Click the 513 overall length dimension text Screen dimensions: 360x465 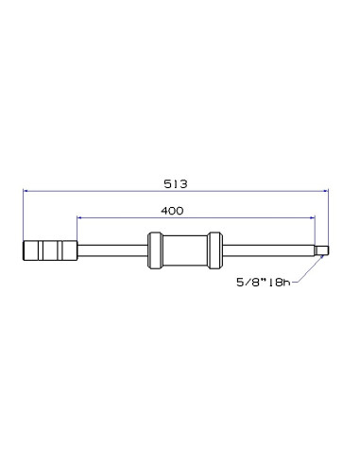pos(176,183)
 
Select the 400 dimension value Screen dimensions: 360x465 pos(172,211)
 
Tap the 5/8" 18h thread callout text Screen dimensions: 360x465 pos(264,282)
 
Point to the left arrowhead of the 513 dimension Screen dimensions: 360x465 pos(26,191)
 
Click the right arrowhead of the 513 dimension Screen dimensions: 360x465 pos(326,191)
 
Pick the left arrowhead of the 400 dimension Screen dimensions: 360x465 pos(79,217)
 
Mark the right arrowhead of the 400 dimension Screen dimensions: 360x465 pos(313,217)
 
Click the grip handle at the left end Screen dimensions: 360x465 pos(50,250)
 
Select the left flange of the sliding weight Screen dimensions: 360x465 pos(155,250)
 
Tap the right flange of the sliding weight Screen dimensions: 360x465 pos(215,250)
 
